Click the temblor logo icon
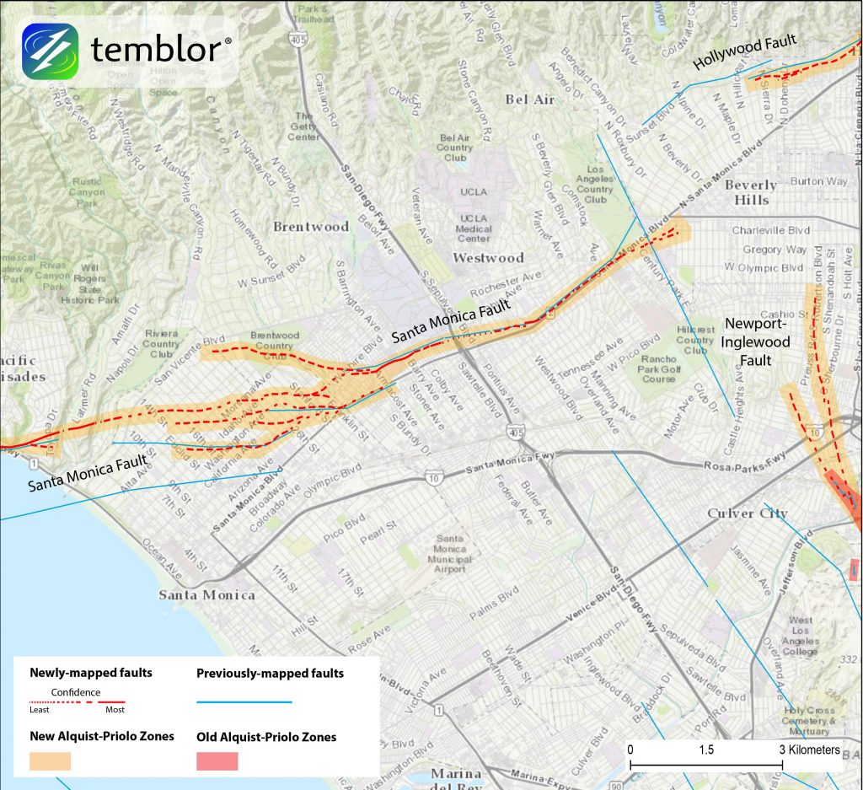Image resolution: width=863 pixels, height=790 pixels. pos(51,51)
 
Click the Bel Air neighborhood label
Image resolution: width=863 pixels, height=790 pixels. pos(529,99)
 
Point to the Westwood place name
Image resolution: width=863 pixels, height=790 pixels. pos(488,258)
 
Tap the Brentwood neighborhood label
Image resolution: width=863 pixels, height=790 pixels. pos(311,227)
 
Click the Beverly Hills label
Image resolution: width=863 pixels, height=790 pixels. pos(751,192)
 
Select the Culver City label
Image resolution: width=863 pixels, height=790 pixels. pos(748,513)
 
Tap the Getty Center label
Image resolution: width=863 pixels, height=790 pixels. pos(303,126)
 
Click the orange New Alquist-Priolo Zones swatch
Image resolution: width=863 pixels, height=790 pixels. pos(51,760)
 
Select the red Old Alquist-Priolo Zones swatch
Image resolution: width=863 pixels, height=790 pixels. pos(217,760)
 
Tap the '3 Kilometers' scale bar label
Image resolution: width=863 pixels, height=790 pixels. pos(809,750)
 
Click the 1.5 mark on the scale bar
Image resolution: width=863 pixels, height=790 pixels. pos(706,750)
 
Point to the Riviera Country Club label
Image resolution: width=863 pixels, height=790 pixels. pos(161,344)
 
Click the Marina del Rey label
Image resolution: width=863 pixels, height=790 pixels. pos(456,780)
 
